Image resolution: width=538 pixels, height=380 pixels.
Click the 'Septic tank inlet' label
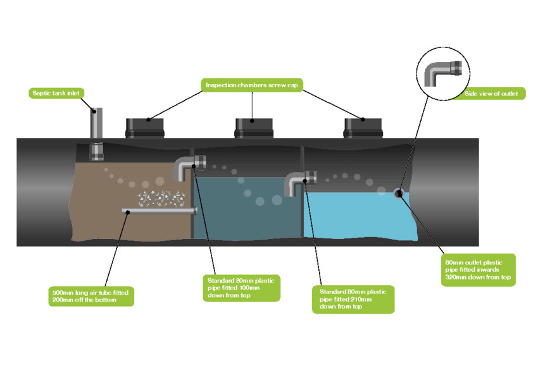pos(56,94)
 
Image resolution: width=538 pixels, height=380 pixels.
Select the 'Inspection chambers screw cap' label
pos(251,85)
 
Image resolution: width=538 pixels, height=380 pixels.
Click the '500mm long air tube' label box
pos(92,297)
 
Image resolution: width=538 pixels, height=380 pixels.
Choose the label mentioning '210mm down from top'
pos(353,299)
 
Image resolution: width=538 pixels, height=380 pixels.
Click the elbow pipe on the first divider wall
pos(186,168)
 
